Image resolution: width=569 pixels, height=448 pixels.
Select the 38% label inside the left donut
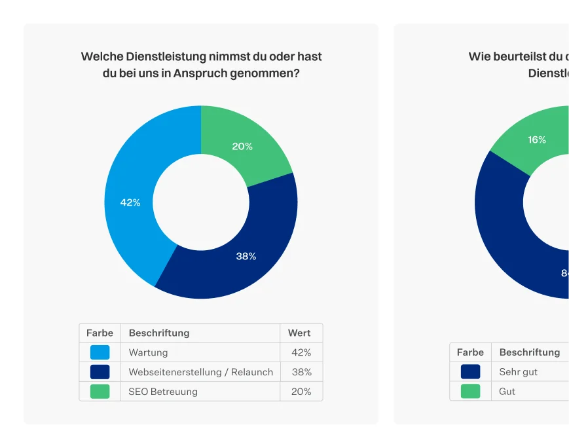[246, 256]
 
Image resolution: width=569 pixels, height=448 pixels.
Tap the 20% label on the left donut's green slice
[242, 146]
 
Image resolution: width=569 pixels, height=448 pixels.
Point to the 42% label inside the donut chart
[130, 202]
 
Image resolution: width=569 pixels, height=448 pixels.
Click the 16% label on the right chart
[537, 140]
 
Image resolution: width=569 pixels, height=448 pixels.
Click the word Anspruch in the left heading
[200, 73]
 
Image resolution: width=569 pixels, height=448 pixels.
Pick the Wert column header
[299, 333]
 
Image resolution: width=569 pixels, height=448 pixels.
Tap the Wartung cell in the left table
[148, 352]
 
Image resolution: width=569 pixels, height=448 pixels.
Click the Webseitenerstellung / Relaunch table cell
[200, 372]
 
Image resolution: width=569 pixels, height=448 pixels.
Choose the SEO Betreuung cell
[163, 392]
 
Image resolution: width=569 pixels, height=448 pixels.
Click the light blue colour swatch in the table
[100, 352]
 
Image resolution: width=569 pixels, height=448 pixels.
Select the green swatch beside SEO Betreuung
[100, 392]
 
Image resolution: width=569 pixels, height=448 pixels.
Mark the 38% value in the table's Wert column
[301, 372]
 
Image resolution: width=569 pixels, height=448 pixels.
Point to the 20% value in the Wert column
[301, 392]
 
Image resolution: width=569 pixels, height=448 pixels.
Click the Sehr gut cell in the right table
[518, 372]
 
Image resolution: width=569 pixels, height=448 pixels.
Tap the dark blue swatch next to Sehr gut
[470, 372]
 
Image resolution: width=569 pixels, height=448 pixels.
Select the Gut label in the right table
[507, 392]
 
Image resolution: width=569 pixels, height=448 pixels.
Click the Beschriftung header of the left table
[159, 333]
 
